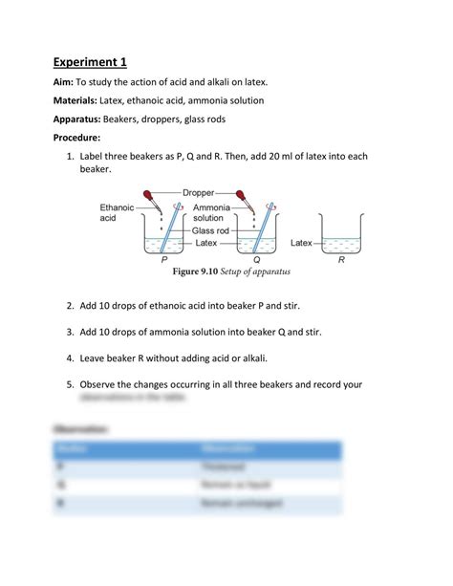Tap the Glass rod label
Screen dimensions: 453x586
coord(211,230)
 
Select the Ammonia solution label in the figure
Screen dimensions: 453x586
coord(210,212)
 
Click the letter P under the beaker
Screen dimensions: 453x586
coord(164,259)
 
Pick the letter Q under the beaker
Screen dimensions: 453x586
coord(256,259)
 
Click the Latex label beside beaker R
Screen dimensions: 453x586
coord(301,243)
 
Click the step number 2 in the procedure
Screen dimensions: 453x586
coord(70,307)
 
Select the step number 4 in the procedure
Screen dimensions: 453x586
coord(70,358)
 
